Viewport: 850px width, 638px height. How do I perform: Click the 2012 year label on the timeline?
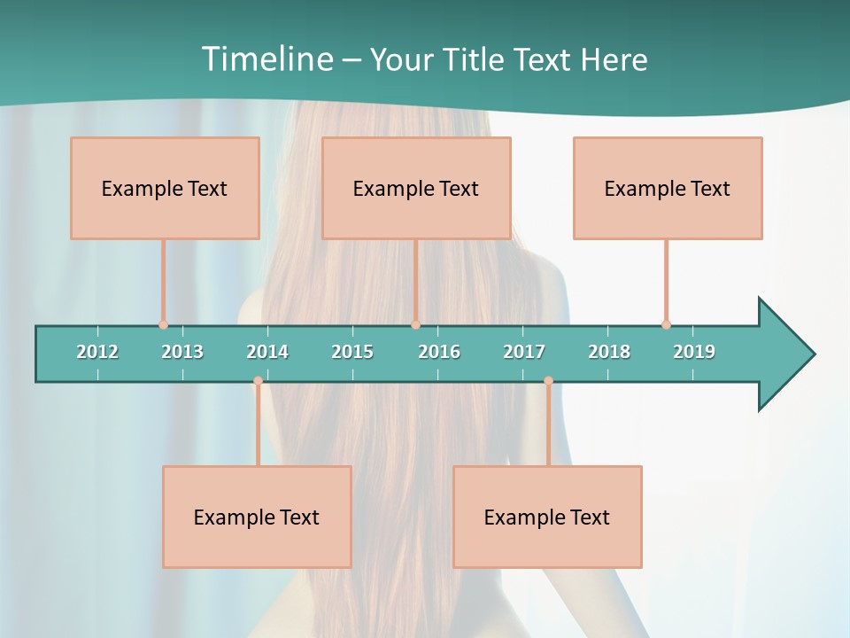(x=97, y=352)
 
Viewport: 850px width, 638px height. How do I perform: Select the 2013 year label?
(x=182, y=352)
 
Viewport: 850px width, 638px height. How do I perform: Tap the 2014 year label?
(x=267, y=352)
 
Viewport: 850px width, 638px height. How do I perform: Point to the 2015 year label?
(x=352, y=352)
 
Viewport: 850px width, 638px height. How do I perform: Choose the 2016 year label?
(x=439, y=352)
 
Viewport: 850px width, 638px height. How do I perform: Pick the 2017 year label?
(x=524, y=352)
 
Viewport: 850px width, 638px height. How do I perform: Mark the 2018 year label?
(x=609, y=352)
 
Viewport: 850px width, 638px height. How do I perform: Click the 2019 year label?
(x=694, y=352)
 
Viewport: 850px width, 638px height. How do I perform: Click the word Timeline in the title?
(x=267, y=59)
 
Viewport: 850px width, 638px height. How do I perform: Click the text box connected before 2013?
(x=165, y=188)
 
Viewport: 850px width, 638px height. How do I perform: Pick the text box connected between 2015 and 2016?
(x=416, y=188)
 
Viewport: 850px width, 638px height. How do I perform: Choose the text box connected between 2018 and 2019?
(x=668, y=188)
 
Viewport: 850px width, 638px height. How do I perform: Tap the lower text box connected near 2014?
(x=257, y=517)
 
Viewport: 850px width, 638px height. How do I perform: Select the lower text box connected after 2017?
(x=547, y=517)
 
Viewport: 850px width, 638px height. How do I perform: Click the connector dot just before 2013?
(x=163, y=324)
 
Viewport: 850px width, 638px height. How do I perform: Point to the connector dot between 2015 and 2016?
(x=415, y=324)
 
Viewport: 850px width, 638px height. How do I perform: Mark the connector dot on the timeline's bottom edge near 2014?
(x=258, y=381)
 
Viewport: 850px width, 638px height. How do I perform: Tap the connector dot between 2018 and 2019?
(x=666, y=324)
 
